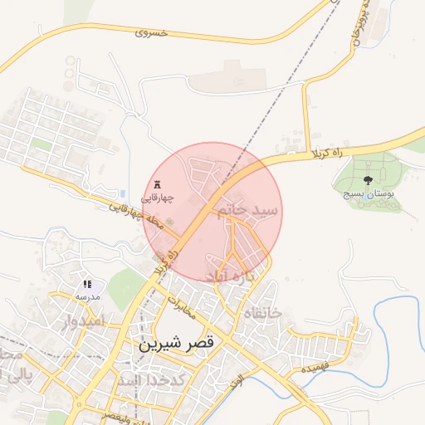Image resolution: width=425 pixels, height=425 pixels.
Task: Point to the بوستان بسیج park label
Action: click(x=369, y=193)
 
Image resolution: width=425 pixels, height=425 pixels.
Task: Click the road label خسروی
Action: click(x=151, y=32)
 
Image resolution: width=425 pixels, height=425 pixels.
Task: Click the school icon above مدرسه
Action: click(x=88, y=285)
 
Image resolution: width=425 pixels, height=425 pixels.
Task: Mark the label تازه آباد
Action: click(x=243, y=275)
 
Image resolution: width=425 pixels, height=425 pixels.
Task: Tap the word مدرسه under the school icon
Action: click(x=88, y=296)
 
